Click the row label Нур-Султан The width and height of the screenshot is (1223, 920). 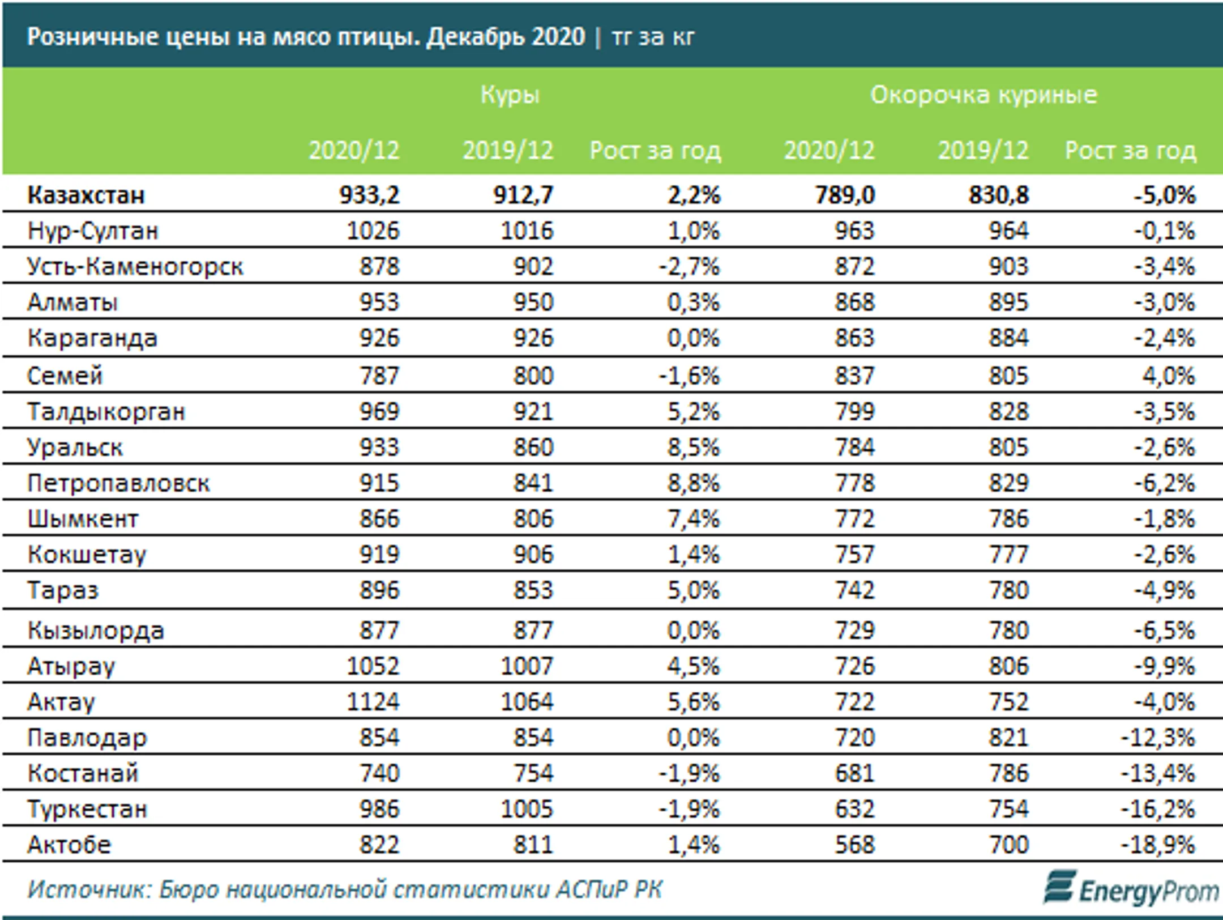click(93, 231)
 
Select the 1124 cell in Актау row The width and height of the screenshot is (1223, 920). click(373, 702)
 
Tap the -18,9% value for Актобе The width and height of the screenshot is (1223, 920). click(1158, 845)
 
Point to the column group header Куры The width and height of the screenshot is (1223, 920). click(510, 95)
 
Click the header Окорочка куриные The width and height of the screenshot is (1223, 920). click(983, 95)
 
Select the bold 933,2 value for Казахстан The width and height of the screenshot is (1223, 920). click(369, 195)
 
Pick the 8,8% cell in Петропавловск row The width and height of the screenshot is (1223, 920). click(693, 483)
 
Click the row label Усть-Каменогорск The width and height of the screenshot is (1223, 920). click(135, 267)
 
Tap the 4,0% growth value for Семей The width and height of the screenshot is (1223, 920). click(1168, 376)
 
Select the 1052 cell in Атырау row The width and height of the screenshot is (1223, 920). click(373, 666)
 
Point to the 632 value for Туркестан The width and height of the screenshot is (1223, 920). click(854, 809)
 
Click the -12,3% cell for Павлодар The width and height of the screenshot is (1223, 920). click(1158, 738)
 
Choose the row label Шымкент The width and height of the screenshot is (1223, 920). click(83, 519)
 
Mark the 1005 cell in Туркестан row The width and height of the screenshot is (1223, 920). click(527, 809)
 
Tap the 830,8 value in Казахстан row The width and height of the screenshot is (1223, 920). click(998, 195)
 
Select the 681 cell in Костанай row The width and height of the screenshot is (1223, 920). click(854, 773)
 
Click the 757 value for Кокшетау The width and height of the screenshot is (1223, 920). click(854, 555)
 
